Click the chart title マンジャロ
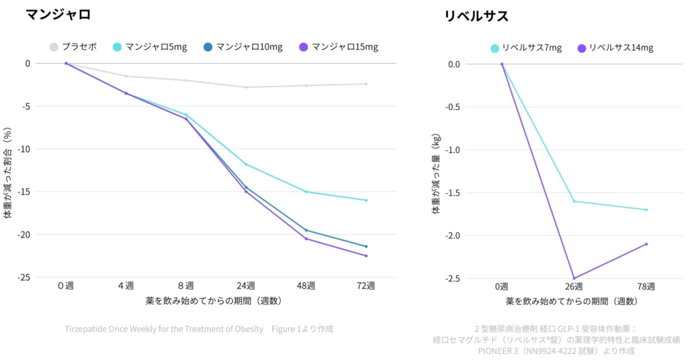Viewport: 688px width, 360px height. click(x=58, y=15)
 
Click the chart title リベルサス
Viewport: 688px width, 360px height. click(x=476, y=16)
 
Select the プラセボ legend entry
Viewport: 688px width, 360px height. click(x=73, y=47)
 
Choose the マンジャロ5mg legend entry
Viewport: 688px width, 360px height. click(x=149, y=47)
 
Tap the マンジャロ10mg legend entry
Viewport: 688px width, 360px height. click(x=243, y=47)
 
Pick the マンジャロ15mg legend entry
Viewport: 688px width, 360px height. click(x=339, y=47)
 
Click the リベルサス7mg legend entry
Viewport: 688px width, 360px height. click(x=526, y=48)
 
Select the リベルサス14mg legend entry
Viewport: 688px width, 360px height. click(x=615, y=48)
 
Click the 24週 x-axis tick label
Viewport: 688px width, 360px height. click(x=246, y=285)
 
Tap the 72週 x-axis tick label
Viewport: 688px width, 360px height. click(x=366, y=285)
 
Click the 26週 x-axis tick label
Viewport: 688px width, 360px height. click(x=574, y=287)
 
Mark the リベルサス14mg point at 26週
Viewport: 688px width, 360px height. click(x=574, y=278)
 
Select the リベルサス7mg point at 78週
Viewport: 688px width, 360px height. click(x=646, y=210)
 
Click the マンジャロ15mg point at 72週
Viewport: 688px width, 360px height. click(x=366, y=256)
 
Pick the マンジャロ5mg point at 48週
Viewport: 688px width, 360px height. click(x=306, y=191)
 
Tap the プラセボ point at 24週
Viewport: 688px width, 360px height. click(x=246, y=87)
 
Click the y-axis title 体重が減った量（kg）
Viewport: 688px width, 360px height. click(x=436, y=174)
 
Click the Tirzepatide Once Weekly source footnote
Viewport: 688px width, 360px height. click(x=199, y=329)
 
